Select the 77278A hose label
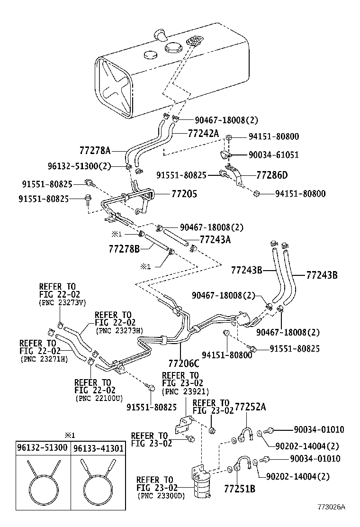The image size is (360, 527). [95, 151]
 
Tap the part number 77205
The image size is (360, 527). [184, 194]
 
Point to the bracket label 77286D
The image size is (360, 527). [272, 175]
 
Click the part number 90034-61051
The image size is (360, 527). [273, 155]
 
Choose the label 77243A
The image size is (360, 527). [215, 239]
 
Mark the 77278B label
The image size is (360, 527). [124, 248]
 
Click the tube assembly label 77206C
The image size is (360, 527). [183, 363]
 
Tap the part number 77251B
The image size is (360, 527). [239, 488]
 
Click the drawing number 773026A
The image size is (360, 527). [331, 507]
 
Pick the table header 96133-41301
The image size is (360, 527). [94, 447]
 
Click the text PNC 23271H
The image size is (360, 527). [44, 359]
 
